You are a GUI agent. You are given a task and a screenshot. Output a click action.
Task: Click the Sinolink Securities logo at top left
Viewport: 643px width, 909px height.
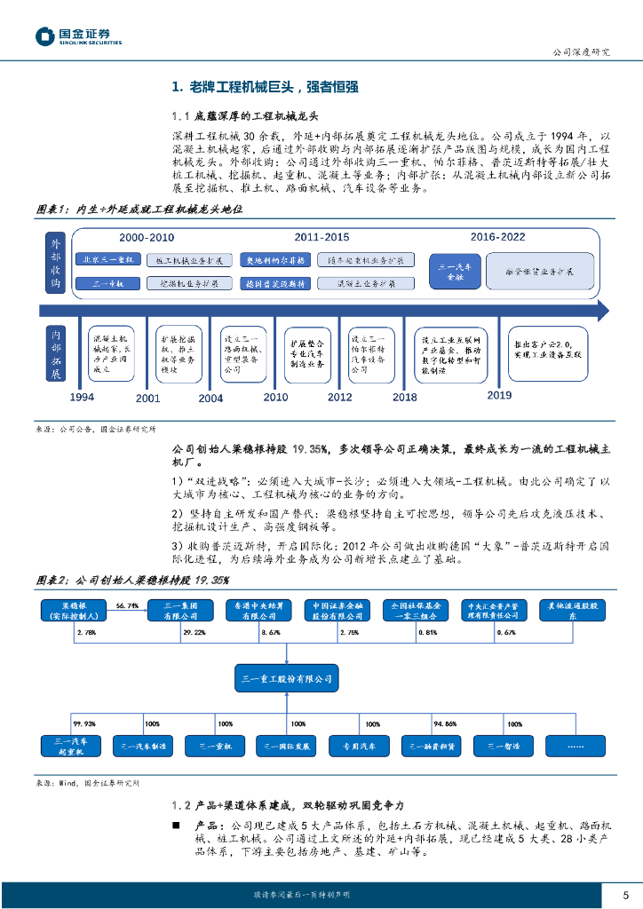click(x=78, y=36)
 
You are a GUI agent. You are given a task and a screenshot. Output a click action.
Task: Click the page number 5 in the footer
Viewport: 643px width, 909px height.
click(x=625, y=895)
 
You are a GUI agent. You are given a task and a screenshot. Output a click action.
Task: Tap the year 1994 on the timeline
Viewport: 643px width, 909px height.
click(x=82, y=397)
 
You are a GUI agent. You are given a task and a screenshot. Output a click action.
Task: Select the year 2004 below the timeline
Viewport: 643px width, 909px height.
click(x=210, y=398)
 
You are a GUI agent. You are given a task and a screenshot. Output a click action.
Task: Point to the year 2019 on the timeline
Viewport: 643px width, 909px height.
click(x=500, y=395)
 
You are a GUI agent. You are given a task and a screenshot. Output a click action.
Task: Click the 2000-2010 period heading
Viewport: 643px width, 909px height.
click(x=147, y=238)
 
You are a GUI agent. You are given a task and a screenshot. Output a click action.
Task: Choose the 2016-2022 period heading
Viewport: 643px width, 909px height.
click(x=497, y=238)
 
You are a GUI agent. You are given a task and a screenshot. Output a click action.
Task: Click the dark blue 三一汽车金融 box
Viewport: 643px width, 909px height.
click(x=455, y=271)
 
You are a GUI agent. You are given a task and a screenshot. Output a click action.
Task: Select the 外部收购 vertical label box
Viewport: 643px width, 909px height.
click(x=55, y=262)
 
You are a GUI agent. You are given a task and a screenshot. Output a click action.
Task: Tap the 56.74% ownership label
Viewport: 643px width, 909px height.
click(x=127, y=605)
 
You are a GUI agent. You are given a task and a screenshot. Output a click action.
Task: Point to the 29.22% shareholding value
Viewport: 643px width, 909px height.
click(x=194, y=632)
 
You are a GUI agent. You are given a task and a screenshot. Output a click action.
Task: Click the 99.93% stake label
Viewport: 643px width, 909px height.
click(x=84, y=723)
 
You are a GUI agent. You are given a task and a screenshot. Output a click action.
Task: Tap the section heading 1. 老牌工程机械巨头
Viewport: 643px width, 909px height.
click(x=265, y=87)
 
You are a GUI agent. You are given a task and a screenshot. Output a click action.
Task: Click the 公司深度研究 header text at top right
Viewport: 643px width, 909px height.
click(x=582, y=51)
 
